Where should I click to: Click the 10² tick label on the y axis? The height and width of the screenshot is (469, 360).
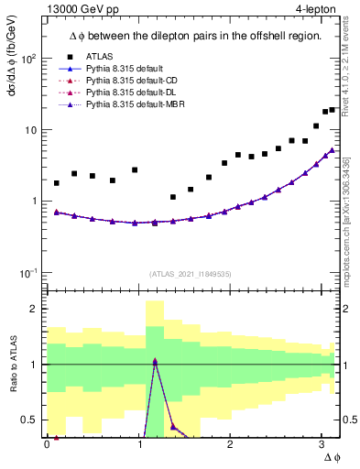[x=28, y=59]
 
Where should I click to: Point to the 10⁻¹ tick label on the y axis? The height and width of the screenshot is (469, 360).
[x=28, y=272]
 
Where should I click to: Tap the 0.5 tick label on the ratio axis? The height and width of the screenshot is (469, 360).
[x=30, y=420]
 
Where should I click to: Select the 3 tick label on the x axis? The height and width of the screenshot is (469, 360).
[x=321, y=444]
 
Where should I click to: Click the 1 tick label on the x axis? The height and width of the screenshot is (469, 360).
[x=138, y=444]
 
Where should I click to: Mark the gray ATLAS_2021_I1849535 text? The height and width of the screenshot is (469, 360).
[x=191, y=273]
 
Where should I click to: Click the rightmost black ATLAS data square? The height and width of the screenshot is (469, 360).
[x=333, y=110]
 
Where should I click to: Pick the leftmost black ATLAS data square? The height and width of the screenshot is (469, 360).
[x=57, y=183]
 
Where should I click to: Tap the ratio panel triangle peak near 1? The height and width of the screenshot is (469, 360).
[x=155, y=361]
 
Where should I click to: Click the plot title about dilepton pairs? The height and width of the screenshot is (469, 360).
[x=194, y=36]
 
